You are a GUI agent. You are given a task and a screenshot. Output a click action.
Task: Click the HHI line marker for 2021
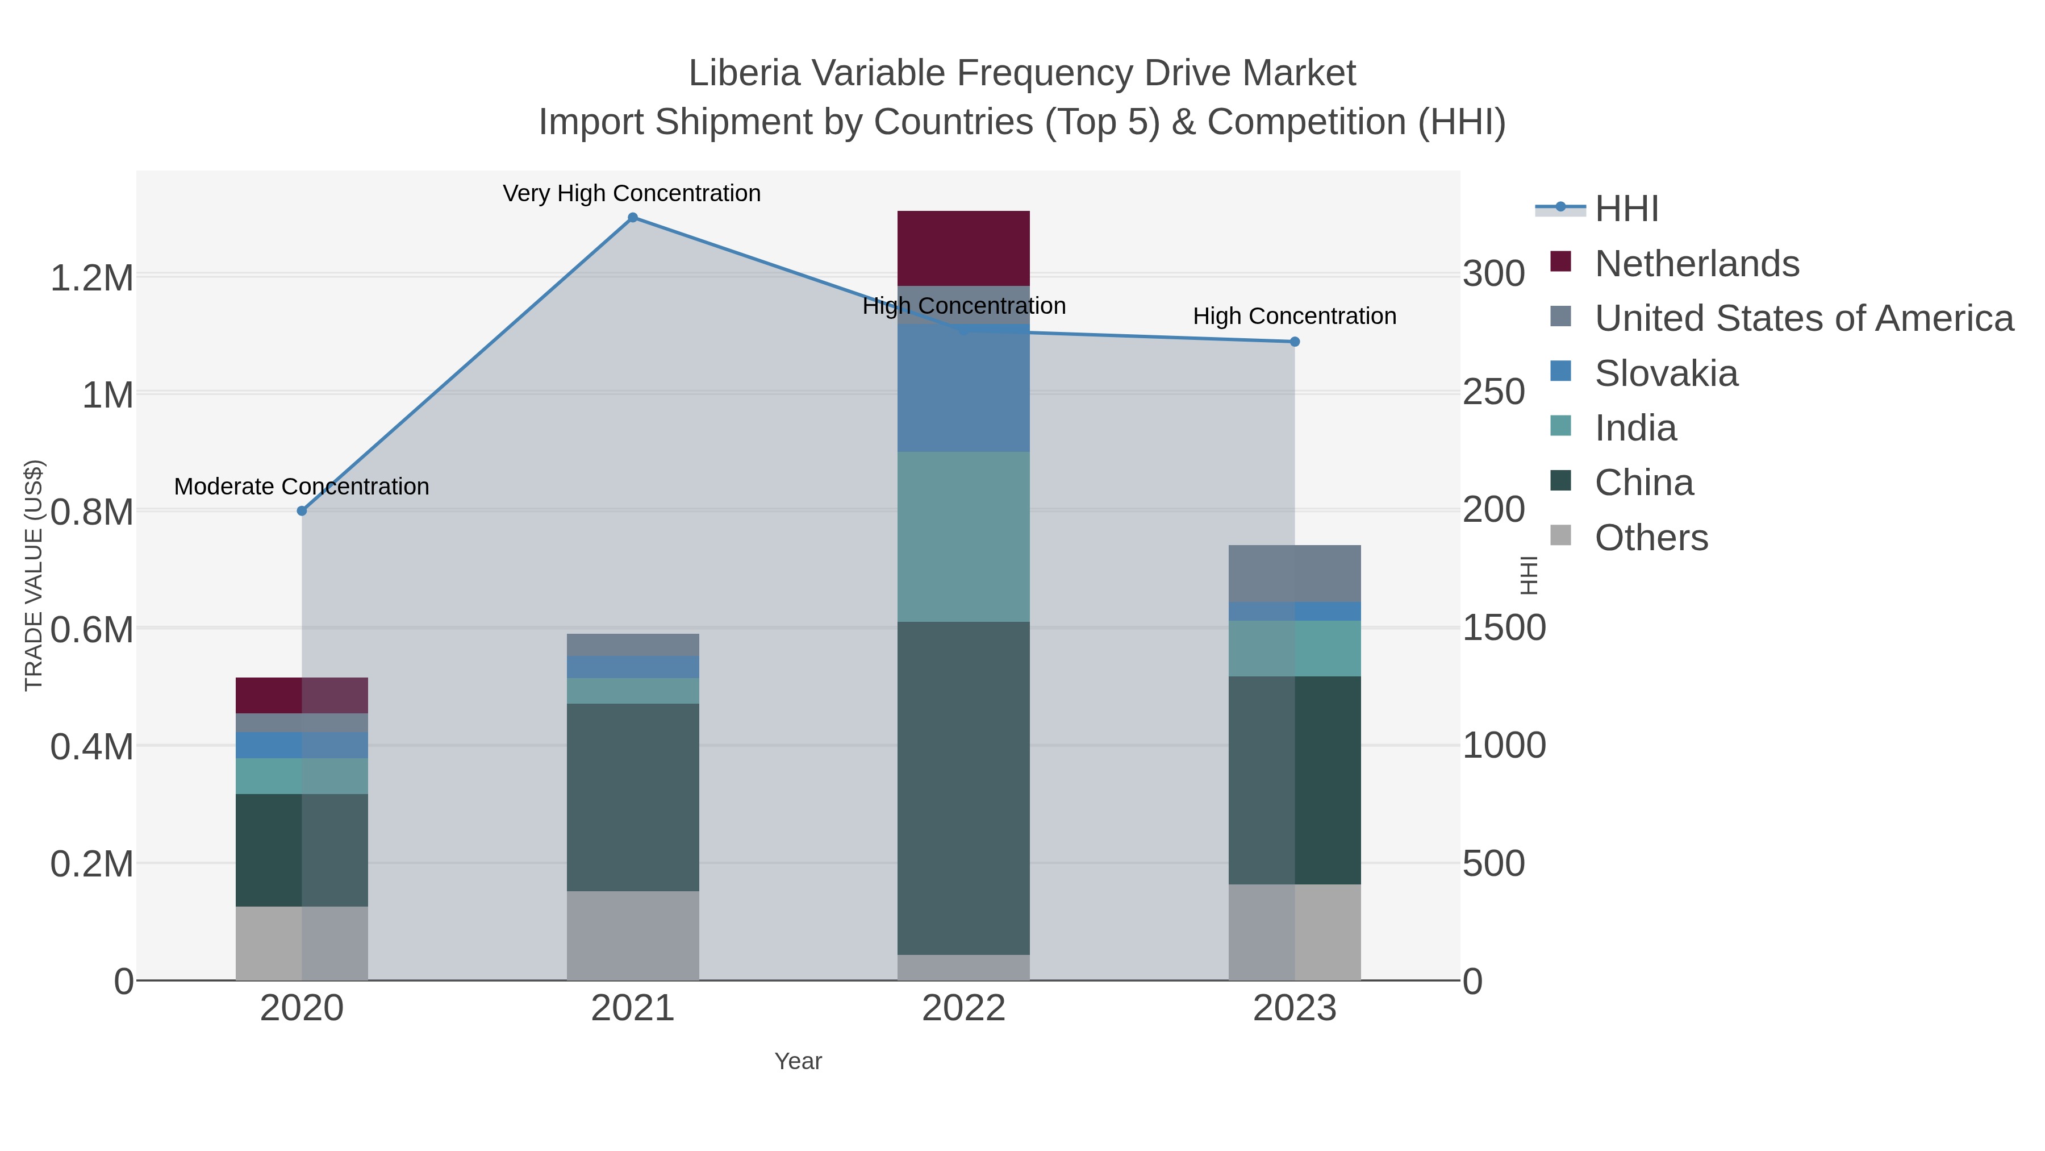(633, 218)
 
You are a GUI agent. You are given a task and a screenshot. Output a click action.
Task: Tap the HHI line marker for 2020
(302, 511)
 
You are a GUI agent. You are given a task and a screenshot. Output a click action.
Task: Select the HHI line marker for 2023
(1295, 342)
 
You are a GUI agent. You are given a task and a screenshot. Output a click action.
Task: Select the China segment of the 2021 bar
(633, 797)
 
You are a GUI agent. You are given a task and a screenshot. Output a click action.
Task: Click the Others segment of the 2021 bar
(633, 935)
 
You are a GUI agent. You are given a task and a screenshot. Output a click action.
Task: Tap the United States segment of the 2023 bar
(1295, 574)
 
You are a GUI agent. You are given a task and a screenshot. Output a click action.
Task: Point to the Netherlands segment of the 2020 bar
(302, 695)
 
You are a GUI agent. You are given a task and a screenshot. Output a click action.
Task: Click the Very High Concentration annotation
(632, 194)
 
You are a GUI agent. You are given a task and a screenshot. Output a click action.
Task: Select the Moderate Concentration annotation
(302, 487)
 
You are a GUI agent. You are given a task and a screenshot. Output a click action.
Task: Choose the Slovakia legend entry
(1666, 373)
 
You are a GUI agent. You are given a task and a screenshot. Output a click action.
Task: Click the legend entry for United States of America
(1803, 318)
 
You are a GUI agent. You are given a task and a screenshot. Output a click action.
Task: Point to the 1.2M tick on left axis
(91, 278)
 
